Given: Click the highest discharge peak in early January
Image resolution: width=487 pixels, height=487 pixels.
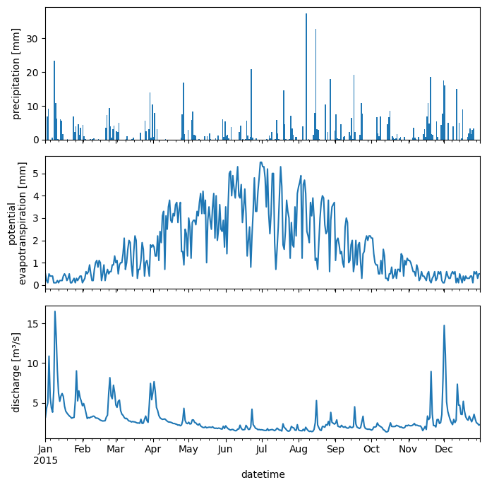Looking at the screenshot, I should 55,312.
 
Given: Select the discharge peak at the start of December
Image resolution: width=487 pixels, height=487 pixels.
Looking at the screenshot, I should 444,326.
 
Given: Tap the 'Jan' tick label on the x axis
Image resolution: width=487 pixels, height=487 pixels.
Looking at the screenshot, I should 45,449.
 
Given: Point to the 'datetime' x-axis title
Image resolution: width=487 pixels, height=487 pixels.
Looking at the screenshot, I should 263,474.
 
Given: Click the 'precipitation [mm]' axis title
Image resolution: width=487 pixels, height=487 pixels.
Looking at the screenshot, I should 16,73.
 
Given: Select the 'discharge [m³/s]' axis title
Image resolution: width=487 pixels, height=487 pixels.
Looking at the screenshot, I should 16,372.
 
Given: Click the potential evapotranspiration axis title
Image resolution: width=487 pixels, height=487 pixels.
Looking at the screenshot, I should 18,223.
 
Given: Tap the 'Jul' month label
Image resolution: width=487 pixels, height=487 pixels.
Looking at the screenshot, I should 262,449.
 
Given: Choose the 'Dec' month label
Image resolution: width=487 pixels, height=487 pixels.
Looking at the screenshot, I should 444,449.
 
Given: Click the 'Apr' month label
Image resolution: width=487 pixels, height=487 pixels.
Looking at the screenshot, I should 153,449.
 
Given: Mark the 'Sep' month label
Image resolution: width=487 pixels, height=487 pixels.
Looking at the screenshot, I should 335,449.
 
